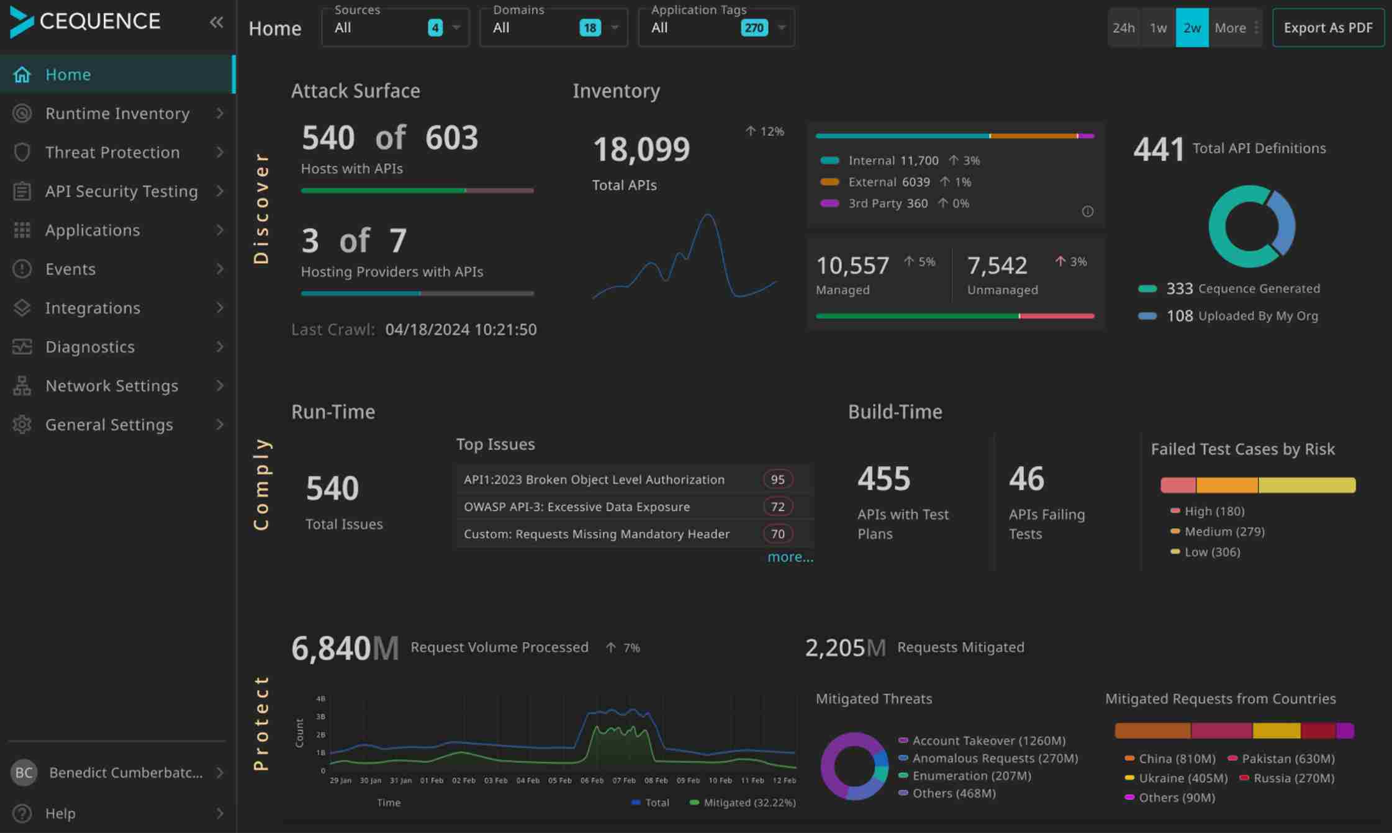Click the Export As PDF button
(x=1327, y=28)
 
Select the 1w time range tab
(x=1158, y=28)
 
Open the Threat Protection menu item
(x=112, y=152)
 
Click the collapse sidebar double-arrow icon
(x=216, y=23)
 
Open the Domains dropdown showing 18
(x=553, y=28)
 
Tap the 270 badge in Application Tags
(x=754, y=28)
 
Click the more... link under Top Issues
(x=790, y=557)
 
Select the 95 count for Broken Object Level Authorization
(x=777, y=479)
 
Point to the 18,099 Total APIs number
(x=641, y=150)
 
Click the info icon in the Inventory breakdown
(x=1087, y=212)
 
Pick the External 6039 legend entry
(x=888, y=182)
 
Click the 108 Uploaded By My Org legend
(x=1241, y=316)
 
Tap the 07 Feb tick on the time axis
(x=623, y=780)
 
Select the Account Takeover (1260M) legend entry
(x=988, y=741)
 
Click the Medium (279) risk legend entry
(x=1223, y=531)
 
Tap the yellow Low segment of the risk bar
(x=1306, y=485)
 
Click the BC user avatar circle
(x=24, y=773)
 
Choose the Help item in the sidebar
(x=60, y=813)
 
